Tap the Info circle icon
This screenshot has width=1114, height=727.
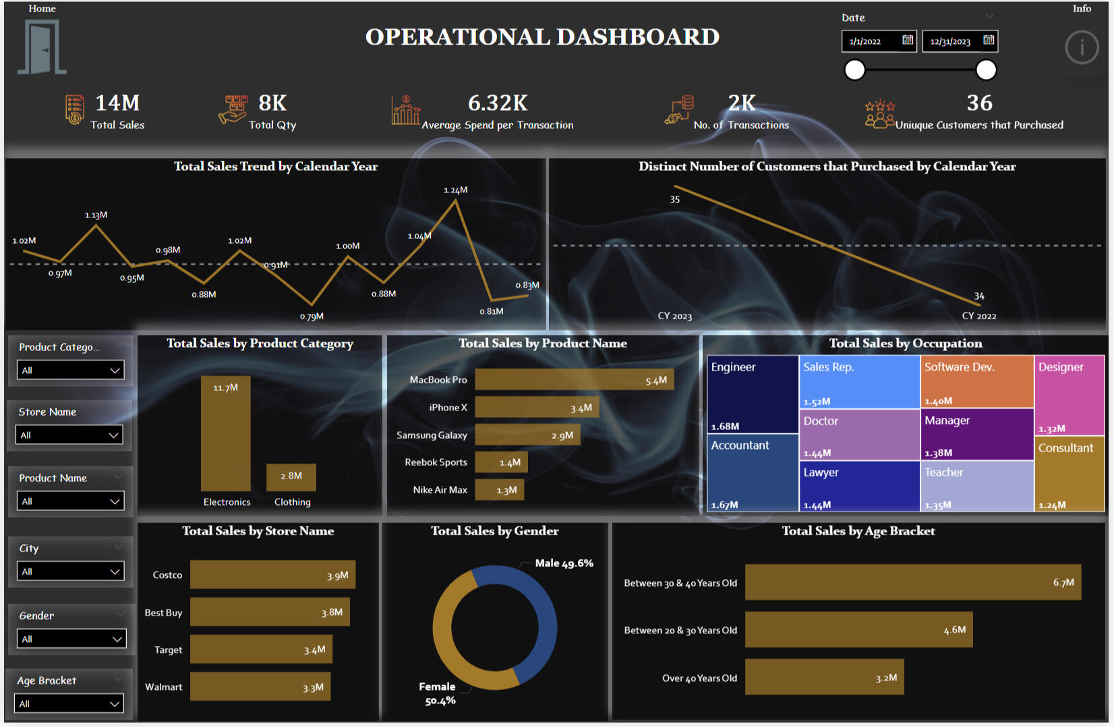[x=1082, y=47]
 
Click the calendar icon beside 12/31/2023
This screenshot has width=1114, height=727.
[x=988, y=40]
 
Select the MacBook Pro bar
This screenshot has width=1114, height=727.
[x=574, y=380]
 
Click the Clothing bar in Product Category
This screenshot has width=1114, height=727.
[x=291, y=477]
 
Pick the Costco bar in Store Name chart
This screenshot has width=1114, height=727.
[x=272, y=574]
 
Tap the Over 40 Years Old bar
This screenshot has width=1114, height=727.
[x=824, y=678]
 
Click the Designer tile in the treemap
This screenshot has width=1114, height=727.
[x=1069, y=395]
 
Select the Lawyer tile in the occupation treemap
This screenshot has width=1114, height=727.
[x=859, y=486]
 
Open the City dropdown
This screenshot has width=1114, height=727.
[x=70, y=572]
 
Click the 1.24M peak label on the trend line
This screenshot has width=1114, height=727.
[x=456, y=190]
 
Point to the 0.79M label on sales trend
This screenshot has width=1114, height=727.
[x=312, y=316]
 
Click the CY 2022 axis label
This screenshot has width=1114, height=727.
[x=978, y=316]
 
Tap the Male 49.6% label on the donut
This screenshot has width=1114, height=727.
[x=564, y=563]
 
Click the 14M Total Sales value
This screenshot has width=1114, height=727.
[x=117, y=103]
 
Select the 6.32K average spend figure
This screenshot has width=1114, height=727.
[x=498, y=103]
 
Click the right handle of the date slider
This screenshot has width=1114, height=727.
[x=986, y=70]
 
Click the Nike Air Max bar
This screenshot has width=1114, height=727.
[x=499, y=490]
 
